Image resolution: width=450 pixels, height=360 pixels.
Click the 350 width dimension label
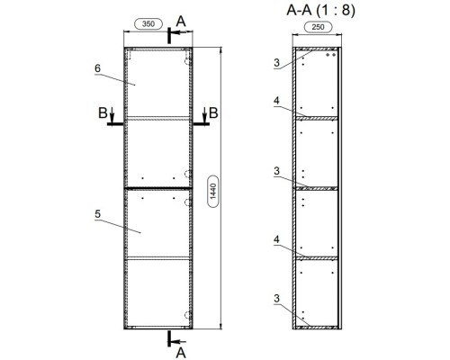[x=148, y=24]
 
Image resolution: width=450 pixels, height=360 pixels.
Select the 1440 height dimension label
[x=213, y=192]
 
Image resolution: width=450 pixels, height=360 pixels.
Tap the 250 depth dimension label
[x=318, y=27]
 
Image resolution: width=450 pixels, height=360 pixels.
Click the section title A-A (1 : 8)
[x=320, y=11]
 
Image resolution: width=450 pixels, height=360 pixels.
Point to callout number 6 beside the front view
[x=97, y=68]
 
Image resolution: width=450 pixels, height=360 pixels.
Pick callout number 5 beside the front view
[x=97, y=214]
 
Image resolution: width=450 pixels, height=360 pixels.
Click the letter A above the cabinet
[x=181, y=22]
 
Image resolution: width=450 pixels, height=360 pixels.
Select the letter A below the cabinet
[x=181, y=353]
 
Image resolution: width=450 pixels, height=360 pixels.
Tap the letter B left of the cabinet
[x=103, y=113]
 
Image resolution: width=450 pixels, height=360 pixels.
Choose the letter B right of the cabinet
[x=213, y=113]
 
